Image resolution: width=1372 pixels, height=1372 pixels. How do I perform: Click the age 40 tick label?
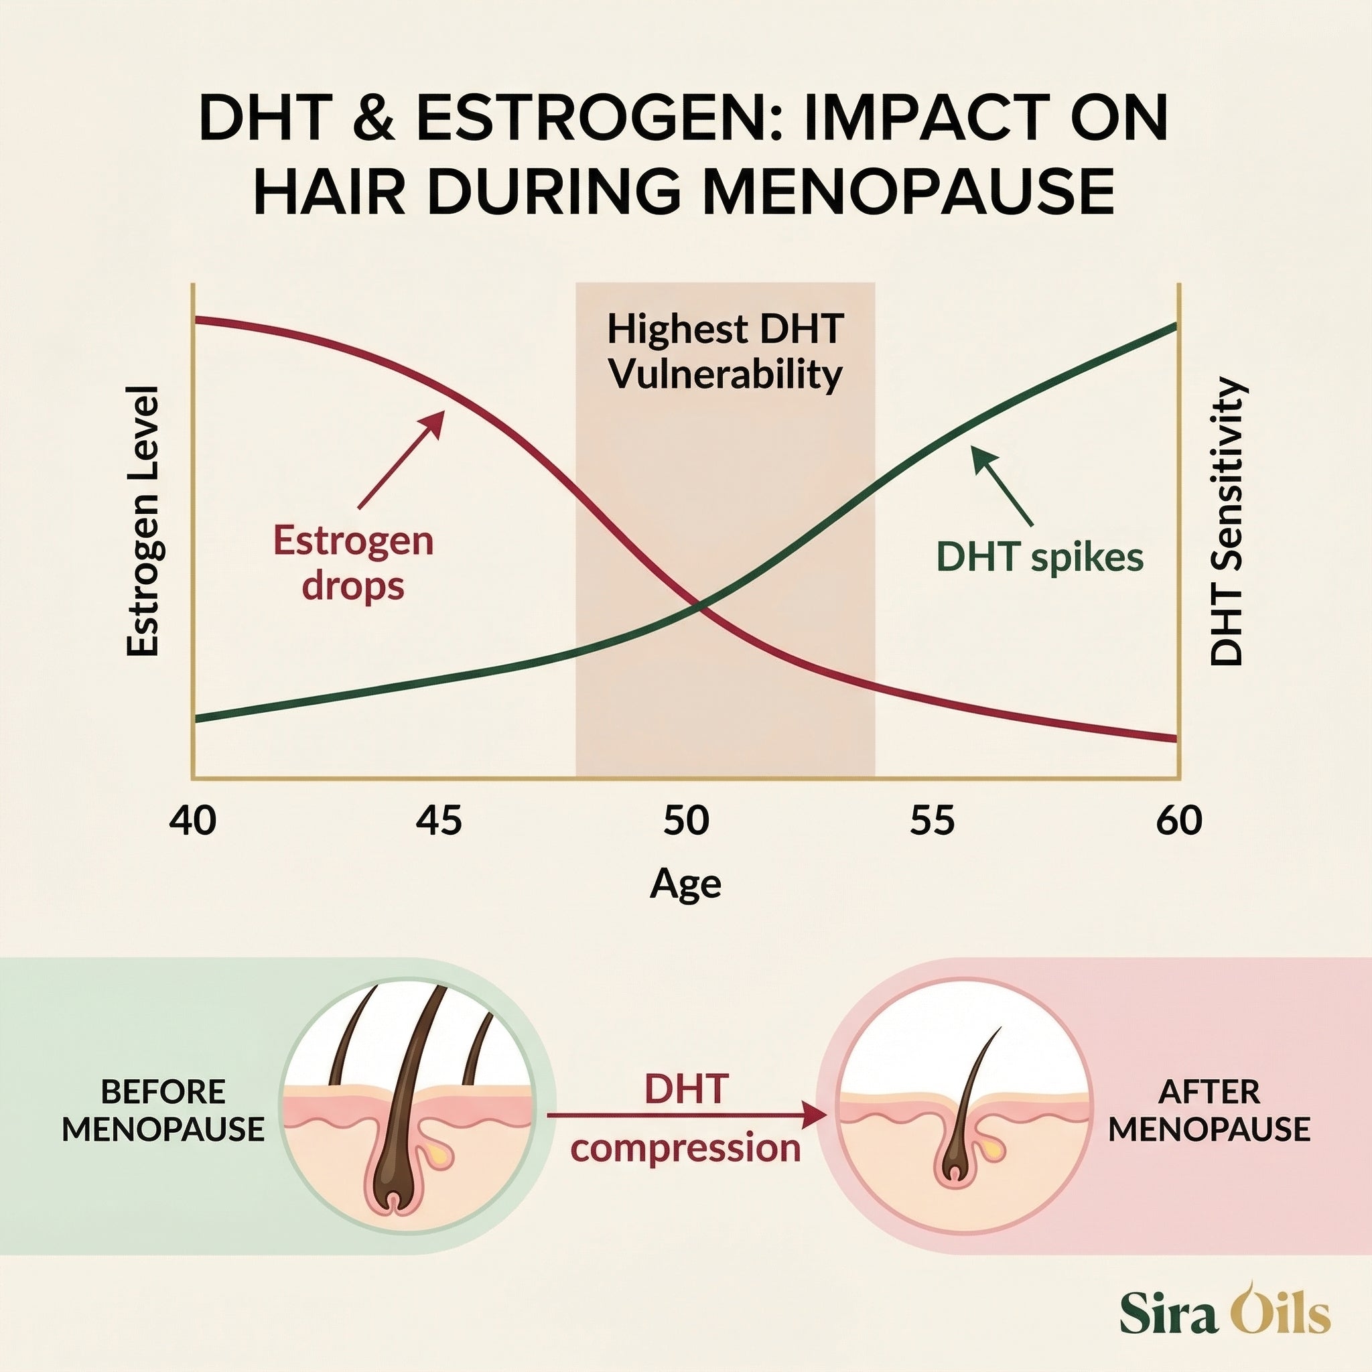point(193,821)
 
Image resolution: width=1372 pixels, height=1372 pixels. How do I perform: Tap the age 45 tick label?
point(439,821)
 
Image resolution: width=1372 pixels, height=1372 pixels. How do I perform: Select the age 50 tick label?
point(686,821)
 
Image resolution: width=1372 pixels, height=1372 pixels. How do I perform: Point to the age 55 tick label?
point(933,821)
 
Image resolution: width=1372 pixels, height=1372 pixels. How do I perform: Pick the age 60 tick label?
point(1179,821)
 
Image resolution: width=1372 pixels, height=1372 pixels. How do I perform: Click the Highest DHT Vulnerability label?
point(726,352)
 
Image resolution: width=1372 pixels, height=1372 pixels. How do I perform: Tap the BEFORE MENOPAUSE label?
point(163,1110)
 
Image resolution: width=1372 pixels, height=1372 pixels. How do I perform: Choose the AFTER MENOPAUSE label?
point(1209,1110)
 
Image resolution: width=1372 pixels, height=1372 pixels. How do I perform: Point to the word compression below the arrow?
point(686,1149)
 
